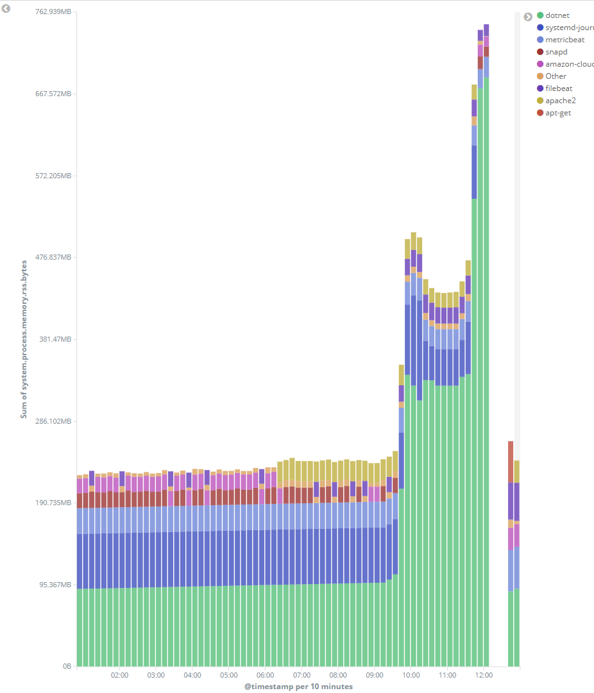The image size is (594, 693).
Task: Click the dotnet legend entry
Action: pos(557,15)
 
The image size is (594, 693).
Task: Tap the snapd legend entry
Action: pos(556,52)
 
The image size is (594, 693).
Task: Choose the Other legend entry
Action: pos(556,76)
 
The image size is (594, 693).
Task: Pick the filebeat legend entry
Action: pos(559,88)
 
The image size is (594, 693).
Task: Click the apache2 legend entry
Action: pos(560,101)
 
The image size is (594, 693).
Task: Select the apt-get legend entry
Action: pos(557,113)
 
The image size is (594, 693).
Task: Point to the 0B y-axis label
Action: pos(67,667)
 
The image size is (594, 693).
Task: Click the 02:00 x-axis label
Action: pos(119,675)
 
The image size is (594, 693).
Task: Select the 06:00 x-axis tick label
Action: pos(265,675)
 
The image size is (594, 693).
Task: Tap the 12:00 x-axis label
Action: pos(484,675)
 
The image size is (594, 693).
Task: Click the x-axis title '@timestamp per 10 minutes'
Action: pos(298,687)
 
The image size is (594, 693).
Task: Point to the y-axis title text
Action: pos(24,338)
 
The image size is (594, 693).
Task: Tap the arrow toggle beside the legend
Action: pos(528,17)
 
